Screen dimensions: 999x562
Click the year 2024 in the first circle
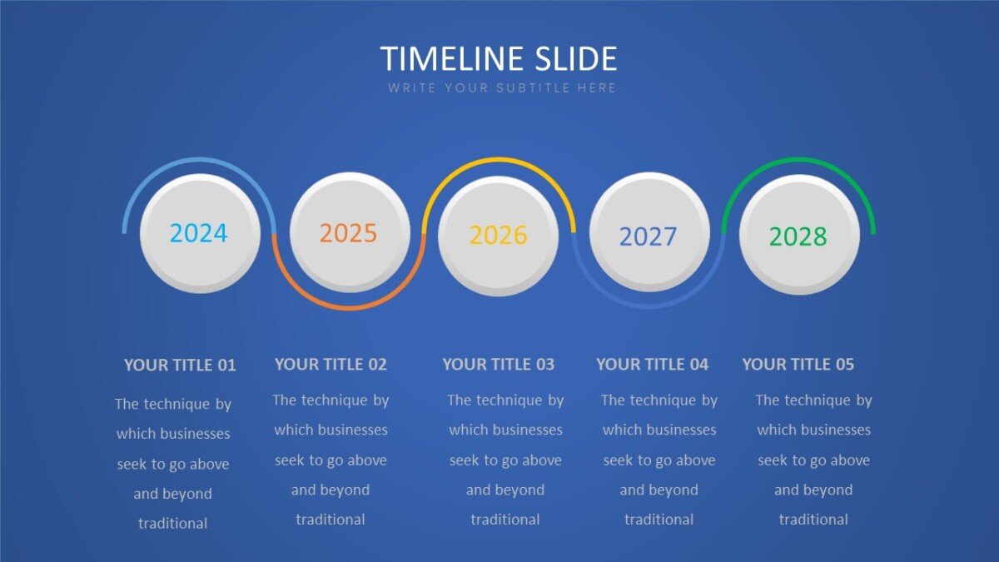tap(198, 233)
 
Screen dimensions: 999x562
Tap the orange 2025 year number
tap(348, 233)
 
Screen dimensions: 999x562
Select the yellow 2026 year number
tap(498, 235)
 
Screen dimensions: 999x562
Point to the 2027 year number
tap(648, 236)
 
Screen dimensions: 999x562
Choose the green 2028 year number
tap(798, 236)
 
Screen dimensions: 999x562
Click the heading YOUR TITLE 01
tap(180, 366)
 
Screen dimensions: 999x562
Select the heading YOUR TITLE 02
tap(331, 365)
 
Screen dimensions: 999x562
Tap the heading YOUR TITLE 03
tap(498, 365)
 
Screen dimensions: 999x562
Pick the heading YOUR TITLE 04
tap(652, 365)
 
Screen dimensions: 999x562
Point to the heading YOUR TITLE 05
tap(798, 365)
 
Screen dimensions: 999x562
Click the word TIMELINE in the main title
tap(452, 58)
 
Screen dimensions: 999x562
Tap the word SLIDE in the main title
tap(576, 58)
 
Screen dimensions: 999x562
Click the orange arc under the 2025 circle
tap(349, 307)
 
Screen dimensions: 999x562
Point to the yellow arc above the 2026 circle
tap(499, 159)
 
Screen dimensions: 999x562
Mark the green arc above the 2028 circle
tap(798, 159)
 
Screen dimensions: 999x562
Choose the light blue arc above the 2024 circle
tap(199, 159)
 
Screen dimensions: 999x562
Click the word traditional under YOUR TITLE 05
tap(813, 520)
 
